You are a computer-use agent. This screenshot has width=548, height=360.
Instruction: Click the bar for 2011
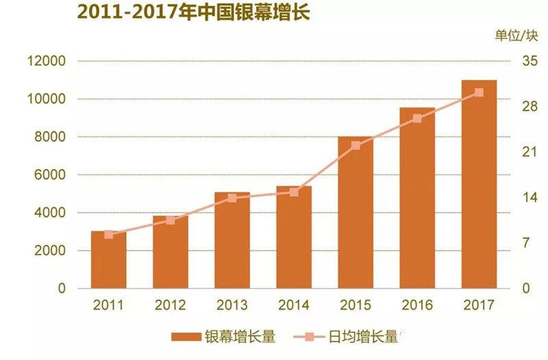(109, 260)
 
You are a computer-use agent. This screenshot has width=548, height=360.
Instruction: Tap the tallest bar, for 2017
(479, 184)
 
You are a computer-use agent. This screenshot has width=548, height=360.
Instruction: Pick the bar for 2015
(356, 213)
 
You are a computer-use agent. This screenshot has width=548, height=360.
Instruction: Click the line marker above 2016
(417, 118)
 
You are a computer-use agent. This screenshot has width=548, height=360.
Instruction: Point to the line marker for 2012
(171, 220)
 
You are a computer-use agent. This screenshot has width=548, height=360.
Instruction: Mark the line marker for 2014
(294, 192)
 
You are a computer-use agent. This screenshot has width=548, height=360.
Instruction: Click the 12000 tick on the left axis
(46, 62)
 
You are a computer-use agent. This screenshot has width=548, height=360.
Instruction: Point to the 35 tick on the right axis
(530, 62)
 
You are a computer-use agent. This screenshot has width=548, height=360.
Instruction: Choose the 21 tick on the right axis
(530, 153)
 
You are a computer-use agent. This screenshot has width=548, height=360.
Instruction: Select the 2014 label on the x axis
(294, 305)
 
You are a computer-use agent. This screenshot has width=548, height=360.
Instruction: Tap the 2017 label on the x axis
(479, 305)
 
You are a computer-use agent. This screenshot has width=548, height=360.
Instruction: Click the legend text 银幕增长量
(240, 337)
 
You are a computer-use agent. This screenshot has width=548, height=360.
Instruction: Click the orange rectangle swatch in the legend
(185, 337)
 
